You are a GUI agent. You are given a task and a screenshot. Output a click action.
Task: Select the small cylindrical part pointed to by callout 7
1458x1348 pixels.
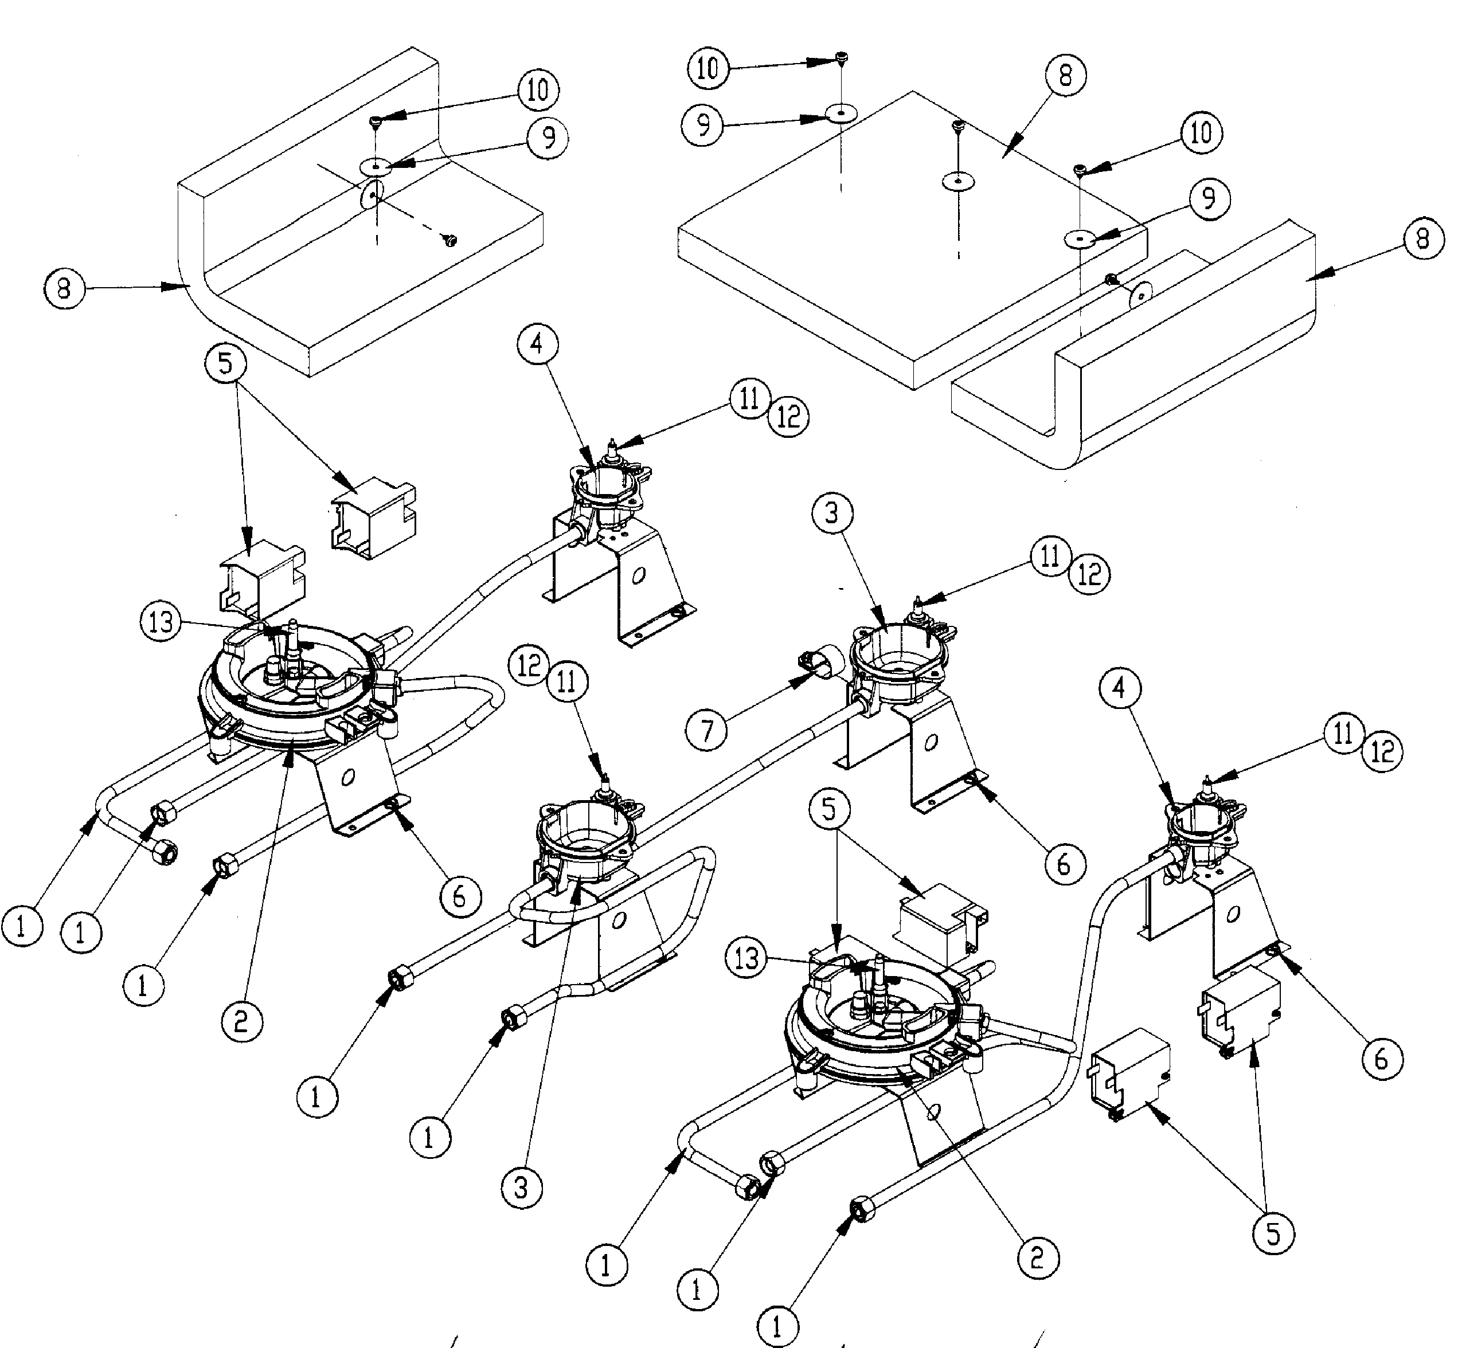coord(822,661)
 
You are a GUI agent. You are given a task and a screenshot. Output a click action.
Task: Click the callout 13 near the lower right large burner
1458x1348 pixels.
coord(746,958)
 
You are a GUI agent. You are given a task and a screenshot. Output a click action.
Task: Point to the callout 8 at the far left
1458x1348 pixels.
coord(64,289)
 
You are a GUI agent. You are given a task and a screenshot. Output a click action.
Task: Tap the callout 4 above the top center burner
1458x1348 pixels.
coord(537,343)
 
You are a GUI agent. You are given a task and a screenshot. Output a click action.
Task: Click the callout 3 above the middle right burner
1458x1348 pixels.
coord(832,514)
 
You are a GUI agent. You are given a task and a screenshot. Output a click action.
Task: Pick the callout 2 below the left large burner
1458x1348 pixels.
coord(243,1021)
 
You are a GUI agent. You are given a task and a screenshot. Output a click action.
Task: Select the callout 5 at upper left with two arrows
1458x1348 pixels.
coord(225,363)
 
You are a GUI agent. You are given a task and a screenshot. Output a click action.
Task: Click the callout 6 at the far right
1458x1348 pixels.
coord(1381,1057)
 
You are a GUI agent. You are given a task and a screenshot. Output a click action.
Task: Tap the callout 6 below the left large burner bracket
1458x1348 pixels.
coord(460,895)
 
